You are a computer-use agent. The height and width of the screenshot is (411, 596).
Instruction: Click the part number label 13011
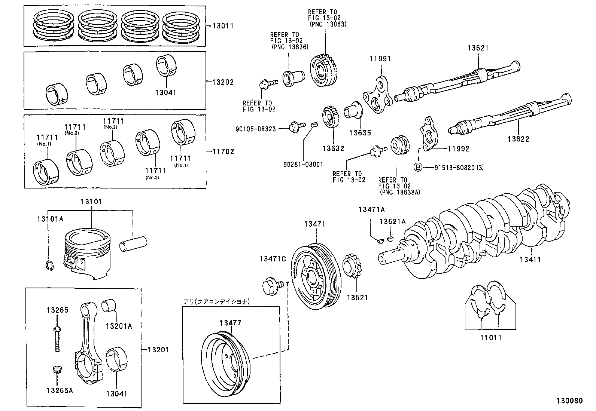tap(222, 26)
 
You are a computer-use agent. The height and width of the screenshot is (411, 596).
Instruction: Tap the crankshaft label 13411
tap(530, 259)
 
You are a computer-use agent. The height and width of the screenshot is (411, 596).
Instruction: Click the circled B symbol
tap(418, 168)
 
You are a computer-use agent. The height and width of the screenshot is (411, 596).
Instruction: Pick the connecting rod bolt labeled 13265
tap(57, 338)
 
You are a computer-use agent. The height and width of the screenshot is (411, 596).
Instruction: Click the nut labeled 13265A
tap(57, 371)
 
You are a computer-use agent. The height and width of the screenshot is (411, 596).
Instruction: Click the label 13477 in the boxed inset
tap(230, 323)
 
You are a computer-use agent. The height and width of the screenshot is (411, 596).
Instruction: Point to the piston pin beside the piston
tap(134, 243)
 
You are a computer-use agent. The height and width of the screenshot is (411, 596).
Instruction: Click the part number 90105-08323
tap(256, 129)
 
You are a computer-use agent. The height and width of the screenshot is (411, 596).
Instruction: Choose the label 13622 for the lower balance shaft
tap(518, 139)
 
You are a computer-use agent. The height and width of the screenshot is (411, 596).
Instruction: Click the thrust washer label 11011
tap(491, 338)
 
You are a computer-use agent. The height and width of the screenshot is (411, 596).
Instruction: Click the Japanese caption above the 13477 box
tap(216, 301)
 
